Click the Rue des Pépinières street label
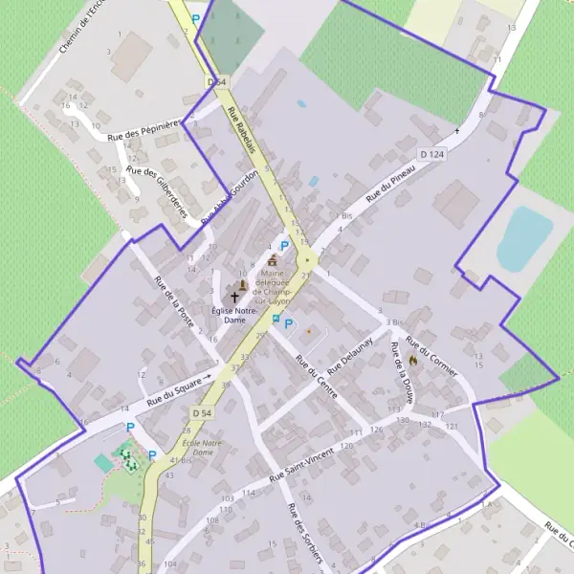click(x=144, y=129)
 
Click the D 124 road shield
click(x=432, y=153)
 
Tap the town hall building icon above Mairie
click(x=272, y=260)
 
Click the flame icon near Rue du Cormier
click(x=413, y=359)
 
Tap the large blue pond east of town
click(x=524, y=236)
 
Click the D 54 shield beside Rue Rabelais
click(x=217, y=83)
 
